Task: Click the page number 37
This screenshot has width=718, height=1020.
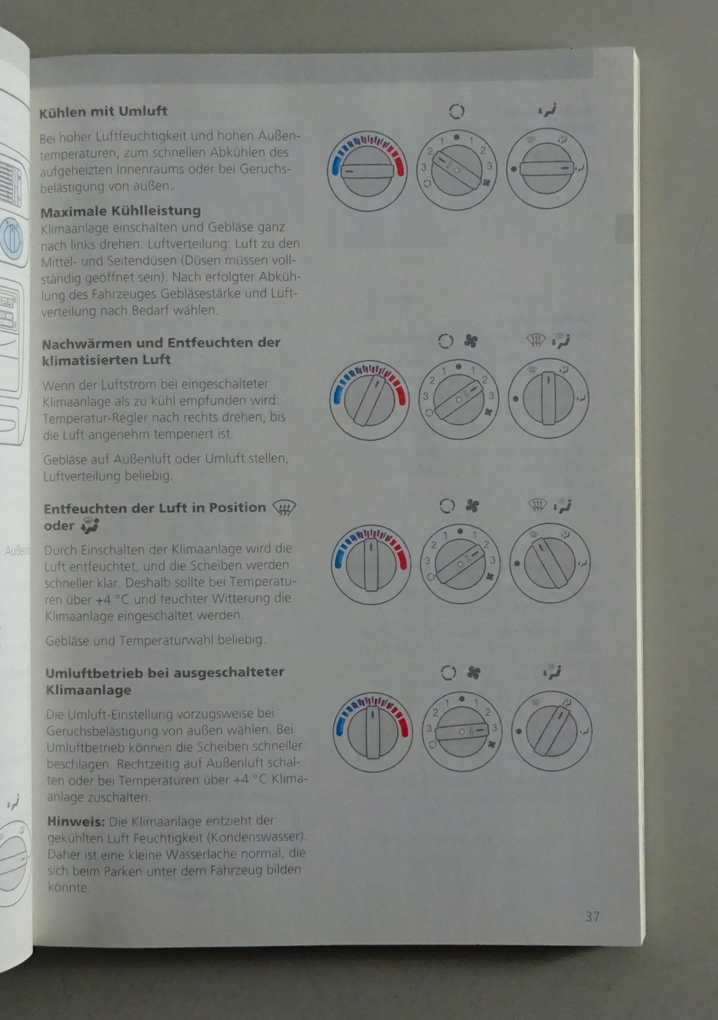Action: [592, 916]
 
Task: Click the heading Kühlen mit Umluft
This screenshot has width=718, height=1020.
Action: [103, 112]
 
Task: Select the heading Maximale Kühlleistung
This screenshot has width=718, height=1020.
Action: [121, 211]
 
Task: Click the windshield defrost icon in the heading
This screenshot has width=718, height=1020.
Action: [284, 507]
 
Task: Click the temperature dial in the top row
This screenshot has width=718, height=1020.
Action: [367, 171]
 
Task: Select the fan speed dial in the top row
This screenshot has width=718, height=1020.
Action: [457, 170]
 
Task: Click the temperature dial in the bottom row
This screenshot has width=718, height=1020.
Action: [372, 732]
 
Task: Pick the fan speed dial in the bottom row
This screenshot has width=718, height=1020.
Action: [462, 731]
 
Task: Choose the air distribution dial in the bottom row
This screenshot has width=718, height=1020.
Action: [552, 731]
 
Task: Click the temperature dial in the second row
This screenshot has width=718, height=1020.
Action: [369, 401]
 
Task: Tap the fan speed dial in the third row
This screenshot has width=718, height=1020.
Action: [460, 564]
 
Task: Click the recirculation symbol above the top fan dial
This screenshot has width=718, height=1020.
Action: [457, 112]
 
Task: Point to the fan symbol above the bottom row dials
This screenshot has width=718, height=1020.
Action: [474, 673]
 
